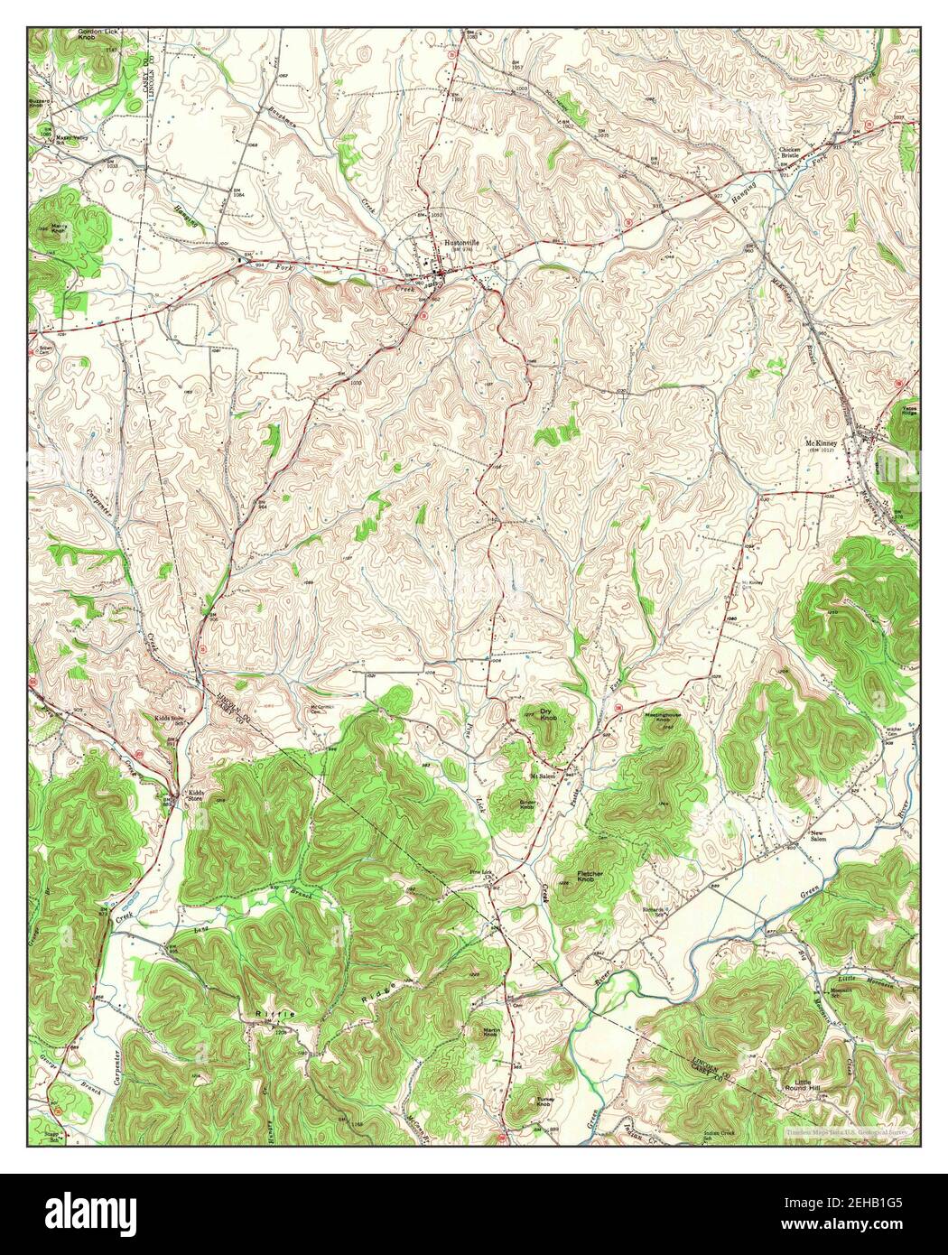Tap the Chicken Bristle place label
coord(791,153)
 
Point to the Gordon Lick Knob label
coord(98,34)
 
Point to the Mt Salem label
coord(543,775)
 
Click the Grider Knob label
coord(528,803)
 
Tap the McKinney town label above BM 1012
coord(822,444)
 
